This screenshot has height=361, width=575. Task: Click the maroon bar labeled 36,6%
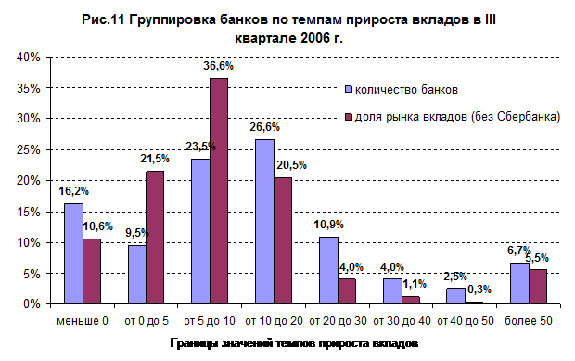219,191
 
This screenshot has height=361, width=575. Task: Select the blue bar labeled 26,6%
264,222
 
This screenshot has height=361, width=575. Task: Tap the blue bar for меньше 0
73,254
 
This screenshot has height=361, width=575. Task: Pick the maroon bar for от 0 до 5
155,238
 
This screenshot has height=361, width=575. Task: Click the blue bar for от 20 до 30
329,270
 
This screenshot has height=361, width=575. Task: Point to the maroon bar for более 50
538,287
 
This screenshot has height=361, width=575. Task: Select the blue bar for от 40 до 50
455,296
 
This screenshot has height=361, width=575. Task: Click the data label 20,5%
291,165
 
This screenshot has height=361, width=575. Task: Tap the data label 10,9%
328,225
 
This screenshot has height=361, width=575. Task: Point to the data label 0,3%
479,290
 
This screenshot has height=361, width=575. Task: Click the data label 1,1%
415,284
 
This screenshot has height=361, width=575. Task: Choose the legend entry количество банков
402,90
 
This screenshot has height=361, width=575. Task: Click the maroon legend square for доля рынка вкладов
349,117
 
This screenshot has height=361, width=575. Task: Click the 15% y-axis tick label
28,212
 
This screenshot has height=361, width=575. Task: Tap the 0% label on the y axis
32,304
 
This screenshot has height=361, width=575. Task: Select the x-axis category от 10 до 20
274,321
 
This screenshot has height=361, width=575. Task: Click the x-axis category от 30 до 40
402,321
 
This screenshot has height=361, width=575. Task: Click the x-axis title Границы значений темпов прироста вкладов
294,343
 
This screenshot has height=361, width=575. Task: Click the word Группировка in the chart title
172,20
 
